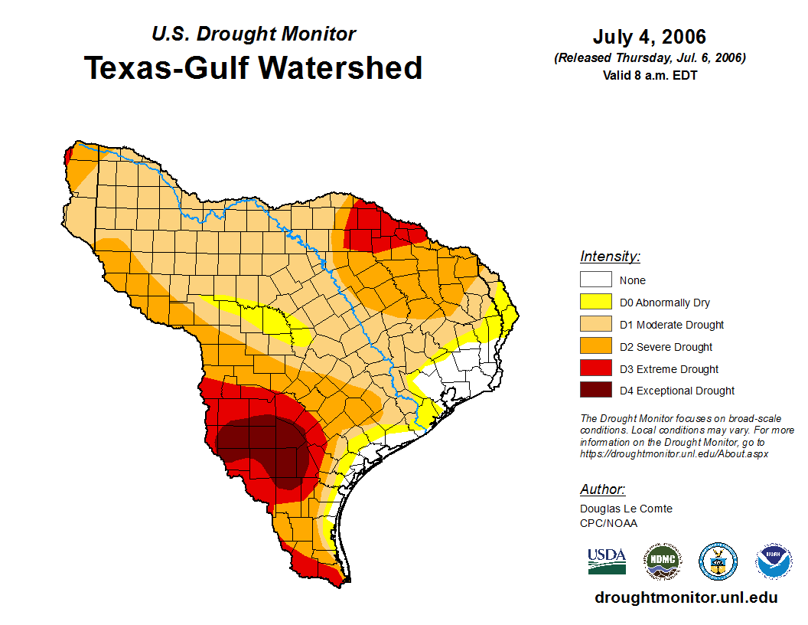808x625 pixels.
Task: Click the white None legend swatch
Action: point(595,280)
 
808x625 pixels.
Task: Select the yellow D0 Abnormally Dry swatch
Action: point(595,303)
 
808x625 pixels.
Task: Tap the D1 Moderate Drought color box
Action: point(595,325)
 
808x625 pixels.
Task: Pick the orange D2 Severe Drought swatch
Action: point(595,347)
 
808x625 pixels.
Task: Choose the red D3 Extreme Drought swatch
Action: point(595,369)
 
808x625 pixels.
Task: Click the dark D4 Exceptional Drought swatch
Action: point(595,391)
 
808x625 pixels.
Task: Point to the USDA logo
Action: point(607,561)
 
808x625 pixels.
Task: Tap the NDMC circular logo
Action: point(662,561)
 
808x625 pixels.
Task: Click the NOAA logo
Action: point(774,561)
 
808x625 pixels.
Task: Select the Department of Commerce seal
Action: point(718,561)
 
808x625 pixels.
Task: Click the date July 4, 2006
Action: point(650,38)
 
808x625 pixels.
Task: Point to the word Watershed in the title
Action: point(340,68)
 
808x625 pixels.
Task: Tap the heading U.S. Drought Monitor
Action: point(253,34)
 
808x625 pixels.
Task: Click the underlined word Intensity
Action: point(610,257)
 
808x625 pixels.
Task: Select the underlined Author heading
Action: point(602,489)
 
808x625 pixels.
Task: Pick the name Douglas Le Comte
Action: point(626,509)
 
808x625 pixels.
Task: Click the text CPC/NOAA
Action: point(608,523)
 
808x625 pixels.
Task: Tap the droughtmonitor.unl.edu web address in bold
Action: point(686,597)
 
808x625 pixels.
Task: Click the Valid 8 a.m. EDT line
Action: point(650,75)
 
